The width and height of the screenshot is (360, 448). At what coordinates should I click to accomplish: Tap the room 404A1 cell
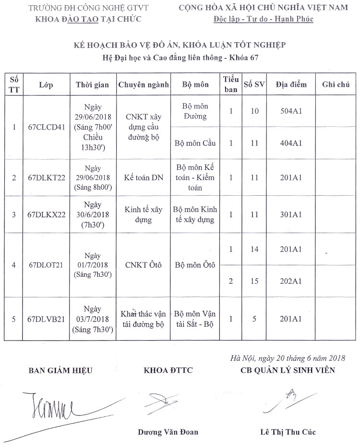click(x=290, y=143)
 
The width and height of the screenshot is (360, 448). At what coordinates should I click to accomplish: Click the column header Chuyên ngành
click(x=143, y=85)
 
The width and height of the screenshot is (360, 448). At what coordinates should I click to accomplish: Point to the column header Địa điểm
click(x=290, y=85)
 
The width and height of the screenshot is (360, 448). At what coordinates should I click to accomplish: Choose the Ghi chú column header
click(x=336, y=85)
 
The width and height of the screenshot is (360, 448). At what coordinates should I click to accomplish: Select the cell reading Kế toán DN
click(x=143, y=177)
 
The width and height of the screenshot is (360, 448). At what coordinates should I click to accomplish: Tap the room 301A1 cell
click(x=290, y=215)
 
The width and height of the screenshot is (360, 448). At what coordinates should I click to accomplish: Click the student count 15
click(x=254, y=281)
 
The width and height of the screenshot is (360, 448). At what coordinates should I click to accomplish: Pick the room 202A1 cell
click(x=290, y=281)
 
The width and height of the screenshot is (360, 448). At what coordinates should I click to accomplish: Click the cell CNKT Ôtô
click(x=143, y=265)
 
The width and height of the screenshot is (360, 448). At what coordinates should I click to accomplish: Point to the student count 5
click(x=254, y=318)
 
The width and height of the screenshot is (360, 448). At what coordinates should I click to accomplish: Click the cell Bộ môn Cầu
click(x=195, y=143)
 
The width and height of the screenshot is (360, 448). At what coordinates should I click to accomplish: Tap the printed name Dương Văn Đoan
click(x=168, y=432)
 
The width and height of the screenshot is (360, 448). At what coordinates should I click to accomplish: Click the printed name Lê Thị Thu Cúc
click(x=288, y=432)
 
